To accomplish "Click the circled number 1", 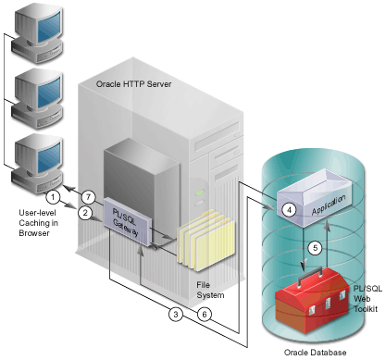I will pyautogui.click(x=54, y=196).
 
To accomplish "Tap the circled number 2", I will pyautogui.click(x=84, y=213).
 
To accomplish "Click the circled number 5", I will pyautogui.click(x=315, y=247).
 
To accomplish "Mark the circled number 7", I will pyautogui.click(x=89, y=196).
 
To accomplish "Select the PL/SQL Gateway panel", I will pyautogui.click(x=123, y=219).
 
